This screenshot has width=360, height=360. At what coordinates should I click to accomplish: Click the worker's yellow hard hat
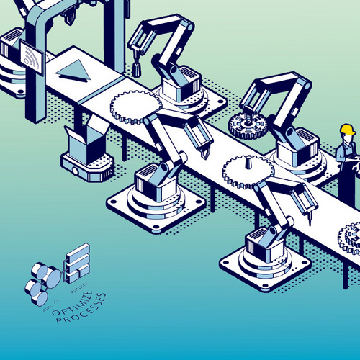[348, 130]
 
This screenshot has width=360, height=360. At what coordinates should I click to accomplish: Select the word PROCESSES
[81, 309]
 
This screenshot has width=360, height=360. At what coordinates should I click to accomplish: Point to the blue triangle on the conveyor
[73, 71]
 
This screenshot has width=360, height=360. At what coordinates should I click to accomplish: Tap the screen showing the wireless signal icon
[32, 57]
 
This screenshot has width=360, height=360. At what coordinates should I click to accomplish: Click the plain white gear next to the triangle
[136, 107]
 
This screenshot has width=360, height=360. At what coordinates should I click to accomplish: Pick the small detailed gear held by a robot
[247, 125]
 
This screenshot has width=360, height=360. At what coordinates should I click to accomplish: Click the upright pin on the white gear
[248, 162]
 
